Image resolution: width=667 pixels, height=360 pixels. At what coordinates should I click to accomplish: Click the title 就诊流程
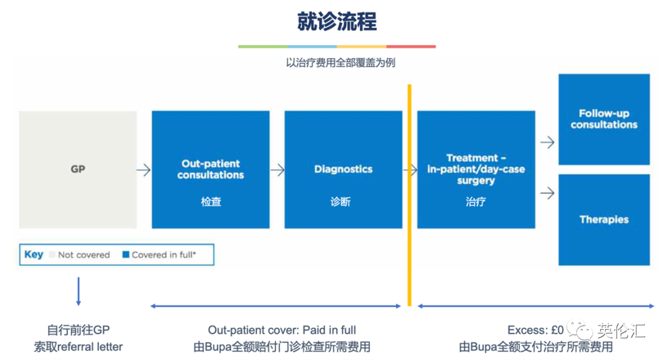(337, 22)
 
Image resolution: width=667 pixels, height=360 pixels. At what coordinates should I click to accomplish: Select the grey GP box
(78, 170)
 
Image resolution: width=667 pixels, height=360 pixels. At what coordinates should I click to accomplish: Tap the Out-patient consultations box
(211, 170)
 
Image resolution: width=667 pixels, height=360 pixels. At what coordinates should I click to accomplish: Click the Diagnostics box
(343, 170)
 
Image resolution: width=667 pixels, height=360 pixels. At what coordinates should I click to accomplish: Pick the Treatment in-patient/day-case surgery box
(476, 170)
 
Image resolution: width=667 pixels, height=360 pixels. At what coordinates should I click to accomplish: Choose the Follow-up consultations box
(604, 119)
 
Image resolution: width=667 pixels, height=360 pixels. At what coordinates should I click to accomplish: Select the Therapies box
(604, 220)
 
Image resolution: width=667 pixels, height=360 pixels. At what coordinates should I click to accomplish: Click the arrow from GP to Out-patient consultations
(144, 170)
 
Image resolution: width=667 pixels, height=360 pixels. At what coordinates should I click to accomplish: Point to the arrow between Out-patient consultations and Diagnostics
(277, 170)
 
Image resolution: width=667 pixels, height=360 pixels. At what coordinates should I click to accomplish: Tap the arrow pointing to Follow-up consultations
(547, 143)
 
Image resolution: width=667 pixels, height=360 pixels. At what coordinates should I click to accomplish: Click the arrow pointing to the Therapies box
(547, 193)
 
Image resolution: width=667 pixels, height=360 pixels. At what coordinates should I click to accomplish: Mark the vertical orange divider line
(409, 195)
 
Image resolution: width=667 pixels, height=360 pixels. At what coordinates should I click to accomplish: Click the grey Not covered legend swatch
(52, 254)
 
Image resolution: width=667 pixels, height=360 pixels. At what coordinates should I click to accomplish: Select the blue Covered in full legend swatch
(126, 254)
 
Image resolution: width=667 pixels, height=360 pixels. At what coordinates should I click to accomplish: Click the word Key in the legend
(34, 254)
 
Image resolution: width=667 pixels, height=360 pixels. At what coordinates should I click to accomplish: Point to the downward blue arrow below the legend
(78, 291)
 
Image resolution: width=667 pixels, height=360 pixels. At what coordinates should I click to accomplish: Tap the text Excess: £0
(535, 330)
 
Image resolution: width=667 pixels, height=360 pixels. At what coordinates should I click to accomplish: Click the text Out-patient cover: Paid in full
(282, 330)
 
